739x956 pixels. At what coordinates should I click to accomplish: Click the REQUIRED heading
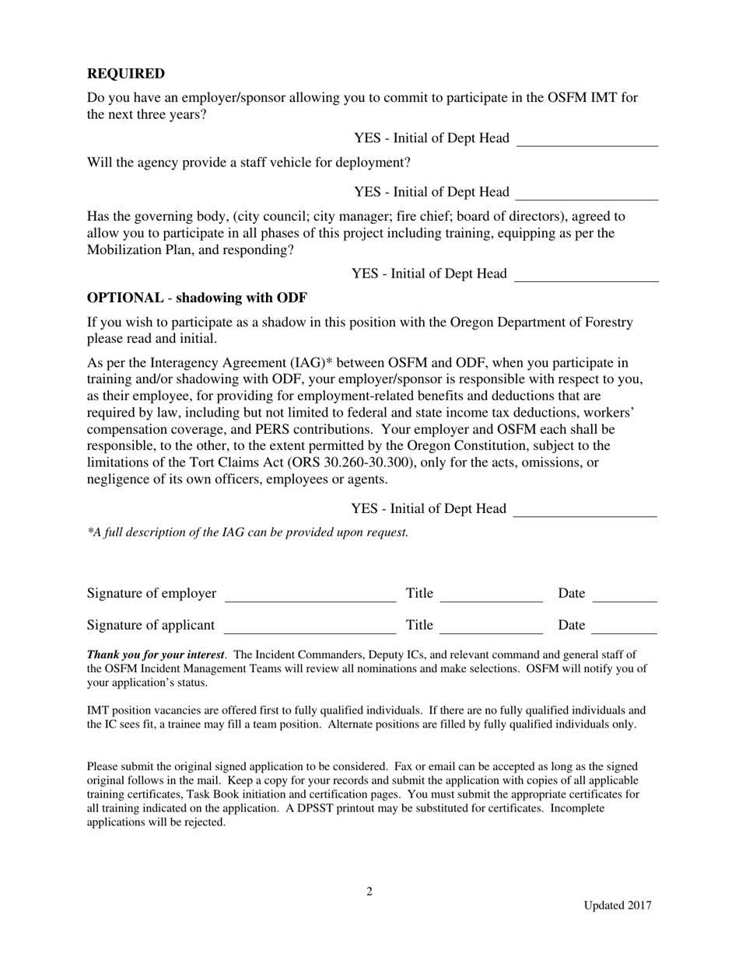pyautogui.click(x=125, y=74)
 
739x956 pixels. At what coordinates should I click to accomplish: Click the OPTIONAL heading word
pyautogui.click(x=124, y=298)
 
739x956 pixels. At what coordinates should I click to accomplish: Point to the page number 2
pyautogui.click(x=369, y=891)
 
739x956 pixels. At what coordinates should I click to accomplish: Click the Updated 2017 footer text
pyautogui.click(x=618, y=905)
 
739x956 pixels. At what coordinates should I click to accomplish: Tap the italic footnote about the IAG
pyautogui.click(x=247, y=532)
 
